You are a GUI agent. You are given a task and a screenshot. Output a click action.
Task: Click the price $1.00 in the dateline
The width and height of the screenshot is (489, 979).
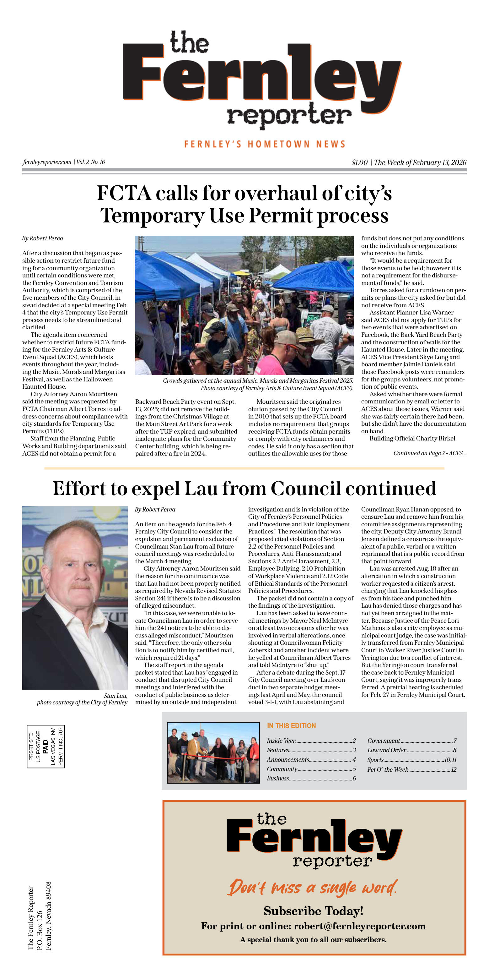click(359, 162)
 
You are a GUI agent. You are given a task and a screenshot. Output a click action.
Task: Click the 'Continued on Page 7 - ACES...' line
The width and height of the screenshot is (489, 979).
click(429, 453)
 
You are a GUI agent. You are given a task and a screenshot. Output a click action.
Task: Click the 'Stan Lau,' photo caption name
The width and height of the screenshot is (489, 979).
click(116, 696)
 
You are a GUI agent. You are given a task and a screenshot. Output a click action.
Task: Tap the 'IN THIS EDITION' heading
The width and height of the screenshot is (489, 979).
click(291, 725)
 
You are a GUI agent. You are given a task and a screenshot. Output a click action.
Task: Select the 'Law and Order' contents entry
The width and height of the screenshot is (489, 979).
click(386, 750)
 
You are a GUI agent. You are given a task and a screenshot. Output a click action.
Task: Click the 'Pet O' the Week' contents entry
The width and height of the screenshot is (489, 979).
click(388, 769)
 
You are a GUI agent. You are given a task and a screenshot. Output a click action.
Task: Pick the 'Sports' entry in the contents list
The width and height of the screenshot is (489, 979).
click(375, 760)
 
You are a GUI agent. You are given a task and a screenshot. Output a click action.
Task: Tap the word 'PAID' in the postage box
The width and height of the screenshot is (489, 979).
click(46, 747)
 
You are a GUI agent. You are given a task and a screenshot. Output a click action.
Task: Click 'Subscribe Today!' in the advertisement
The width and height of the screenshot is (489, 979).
click(313, 911)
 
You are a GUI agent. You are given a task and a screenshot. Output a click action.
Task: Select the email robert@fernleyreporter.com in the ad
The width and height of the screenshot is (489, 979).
click(359, 926)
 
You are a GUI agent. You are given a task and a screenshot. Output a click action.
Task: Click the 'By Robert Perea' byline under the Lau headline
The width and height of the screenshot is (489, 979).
click(155, 509)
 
